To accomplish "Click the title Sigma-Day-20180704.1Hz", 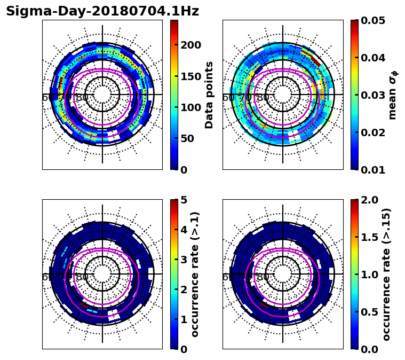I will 102,11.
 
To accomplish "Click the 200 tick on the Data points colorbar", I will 190,45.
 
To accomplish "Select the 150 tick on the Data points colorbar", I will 190,76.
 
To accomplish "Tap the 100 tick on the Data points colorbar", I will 190,107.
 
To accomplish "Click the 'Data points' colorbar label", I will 209,95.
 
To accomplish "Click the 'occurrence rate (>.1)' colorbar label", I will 195,274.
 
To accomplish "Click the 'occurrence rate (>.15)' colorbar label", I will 387,274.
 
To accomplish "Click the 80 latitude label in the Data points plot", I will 82,98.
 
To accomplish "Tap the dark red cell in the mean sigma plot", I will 316,62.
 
